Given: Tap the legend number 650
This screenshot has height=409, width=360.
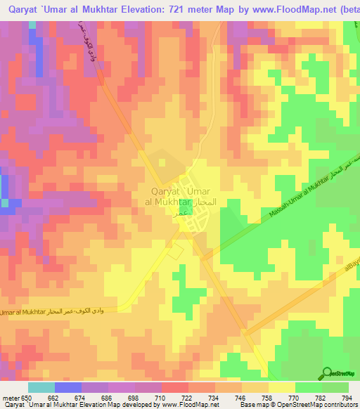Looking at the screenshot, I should click(x=31, y=397).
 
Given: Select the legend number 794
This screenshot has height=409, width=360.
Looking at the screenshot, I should click(x=347, y=397).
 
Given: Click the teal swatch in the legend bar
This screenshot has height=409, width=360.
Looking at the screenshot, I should click(x=41, y=387).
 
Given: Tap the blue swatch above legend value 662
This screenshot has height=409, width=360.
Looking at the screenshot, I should click(x=67, y=387).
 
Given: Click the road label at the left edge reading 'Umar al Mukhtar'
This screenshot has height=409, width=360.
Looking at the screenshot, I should click(x=24, y=312).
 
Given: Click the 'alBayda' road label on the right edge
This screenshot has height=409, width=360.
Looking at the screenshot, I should click(x=351, y=271).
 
